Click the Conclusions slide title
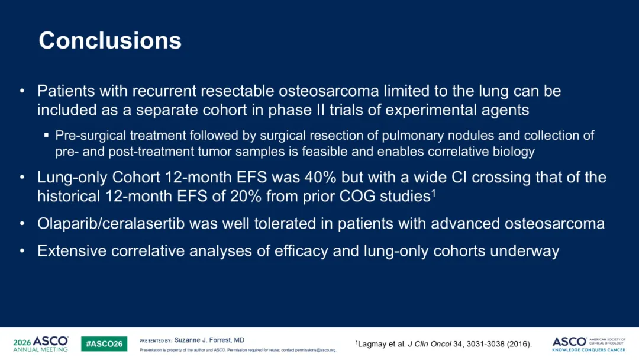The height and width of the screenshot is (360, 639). click(x=110, y=40)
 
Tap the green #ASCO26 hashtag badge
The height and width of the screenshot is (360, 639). click(x=104, y=343)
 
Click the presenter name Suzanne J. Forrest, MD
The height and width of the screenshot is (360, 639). click(x=209, y=340)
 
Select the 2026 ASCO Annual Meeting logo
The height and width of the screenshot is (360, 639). click(x=41, y=343)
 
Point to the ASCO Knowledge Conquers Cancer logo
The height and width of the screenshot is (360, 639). click(x=589, y=344)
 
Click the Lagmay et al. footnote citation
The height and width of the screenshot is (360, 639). click(x=444, y=344)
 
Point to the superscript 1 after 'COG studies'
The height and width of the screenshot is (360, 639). click(x=434, y=192)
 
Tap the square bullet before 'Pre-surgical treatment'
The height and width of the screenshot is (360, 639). click(x=47, y=135)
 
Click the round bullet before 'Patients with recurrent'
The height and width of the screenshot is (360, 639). click(x=22, y=91)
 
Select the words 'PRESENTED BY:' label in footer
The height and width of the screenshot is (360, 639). click(x=155, y=341)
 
